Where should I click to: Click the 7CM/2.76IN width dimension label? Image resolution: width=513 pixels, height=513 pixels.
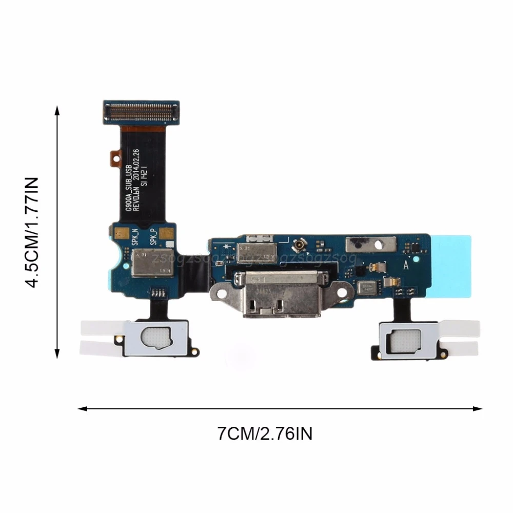[x=265, y=434]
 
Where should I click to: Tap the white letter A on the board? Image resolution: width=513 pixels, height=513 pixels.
[x=406, y=265]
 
